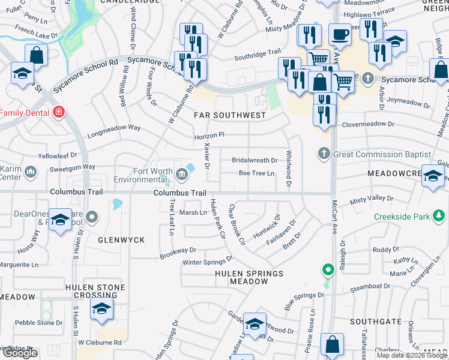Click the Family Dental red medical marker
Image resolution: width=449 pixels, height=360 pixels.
pos(59,112)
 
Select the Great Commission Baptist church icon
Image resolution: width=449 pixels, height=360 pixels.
pos(325,154)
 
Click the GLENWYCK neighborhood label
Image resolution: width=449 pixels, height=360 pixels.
pos(121,240)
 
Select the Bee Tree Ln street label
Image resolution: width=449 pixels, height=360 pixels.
pos(256,173)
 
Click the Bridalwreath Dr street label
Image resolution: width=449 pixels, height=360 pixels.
pos(255,160)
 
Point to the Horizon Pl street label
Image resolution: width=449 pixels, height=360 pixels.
pos(208,137)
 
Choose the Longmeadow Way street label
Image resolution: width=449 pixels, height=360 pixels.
pos(113,128)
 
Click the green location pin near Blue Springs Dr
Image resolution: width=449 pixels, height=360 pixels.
pos(327,271)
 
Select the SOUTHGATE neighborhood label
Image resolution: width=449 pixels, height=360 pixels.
pos(375,322)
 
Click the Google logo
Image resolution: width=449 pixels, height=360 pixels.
pos(20,353)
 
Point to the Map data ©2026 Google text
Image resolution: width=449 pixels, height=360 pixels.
pos(412,355)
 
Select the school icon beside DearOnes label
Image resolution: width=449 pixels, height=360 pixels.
pos(60,221)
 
